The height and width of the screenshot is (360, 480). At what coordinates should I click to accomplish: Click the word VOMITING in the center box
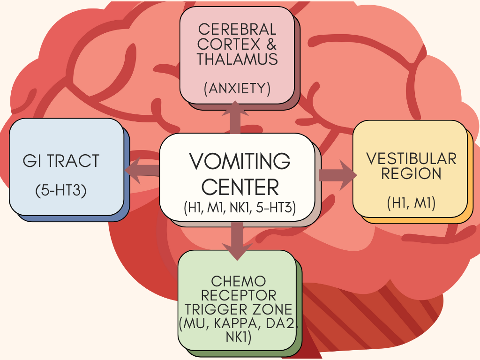tap(240, 162)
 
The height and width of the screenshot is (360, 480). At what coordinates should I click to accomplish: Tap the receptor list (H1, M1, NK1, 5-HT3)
tap(240, 207)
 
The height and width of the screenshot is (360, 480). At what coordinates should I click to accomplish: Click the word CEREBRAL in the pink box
tap(237, 29)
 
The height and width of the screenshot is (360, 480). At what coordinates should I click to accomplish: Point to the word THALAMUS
tap(237, 60)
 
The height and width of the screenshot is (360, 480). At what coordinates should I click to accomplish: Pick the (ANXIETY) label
tap(237, 89)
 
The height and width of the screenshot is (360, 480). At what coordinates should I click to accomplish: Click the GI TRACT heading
tap(61, 161)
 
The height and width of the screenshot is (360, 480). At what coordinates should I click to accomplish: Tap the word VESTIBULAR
tap(412, 158)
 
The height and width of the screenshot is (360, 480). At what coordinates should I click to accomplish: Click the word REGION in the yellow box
tap(412, 174)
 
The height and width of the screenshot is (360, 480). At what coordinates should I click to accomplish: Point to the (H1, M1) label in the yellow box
tap(412, 202)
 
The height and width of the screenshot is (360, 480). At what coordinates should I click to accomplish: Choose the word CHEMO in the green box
tap(239, 281)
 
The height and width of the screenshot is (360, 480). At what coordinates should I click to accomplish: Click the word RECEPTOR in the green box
tap(239, 295)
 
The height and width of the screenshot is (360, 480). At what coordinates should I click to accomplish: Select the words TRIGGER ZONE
tap(239, 309)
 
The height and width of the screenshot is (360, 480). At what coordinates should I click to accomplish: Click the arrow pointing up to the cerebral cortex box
tap(235, 117)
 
